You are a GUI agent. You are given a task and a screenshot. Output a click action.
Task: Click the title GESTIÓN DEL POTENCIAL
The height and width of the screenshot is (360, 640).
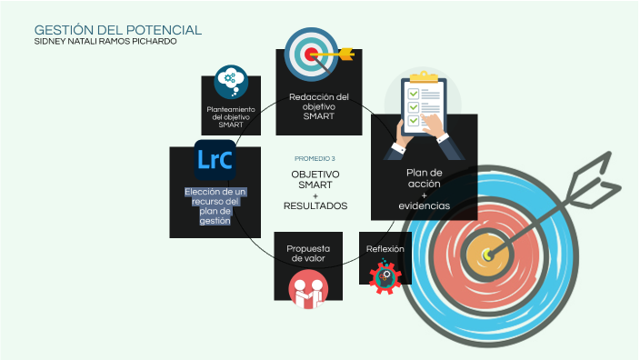pyautogui.click(x=117, y=30)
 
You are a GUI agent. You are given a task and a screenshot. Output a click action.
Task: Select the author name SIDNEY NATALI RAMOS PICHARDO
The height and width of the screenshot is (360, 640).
pyautogui.click(x=105, y=42)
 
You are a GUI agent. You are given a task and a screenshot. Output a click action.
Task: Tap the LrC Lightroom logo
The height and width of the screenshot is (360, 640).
pyautogui.click(x=215, y=159)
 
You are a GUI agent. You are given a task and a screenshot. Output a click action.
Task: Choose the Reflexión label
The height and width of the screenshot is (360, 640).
pyautogui.click(x=385, y=248)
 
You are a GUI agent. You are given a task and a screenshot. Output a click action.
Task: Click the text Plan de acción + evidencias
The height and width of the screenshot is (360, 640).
pyautogui.click(x=424, y=189)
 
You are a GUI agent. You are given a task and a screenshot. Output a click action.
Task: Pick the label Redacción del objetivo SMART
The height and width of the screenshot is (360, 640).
pyautogui.click(x=318, y=106)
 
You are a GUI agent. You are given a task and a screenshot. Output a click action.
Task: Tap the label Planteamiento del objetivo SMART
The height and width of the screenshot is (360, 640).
pyautogui.click(x=231, y=116)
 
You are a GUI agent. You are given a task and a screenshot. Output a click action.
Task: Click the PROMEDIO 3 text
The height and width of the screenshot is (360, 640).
pyautogui.click(x=315, y=158)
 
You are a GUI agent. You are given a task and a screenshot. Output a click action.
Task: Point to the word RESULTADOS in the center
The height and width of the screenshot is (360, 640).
pyautogui.click(x=315, y=205)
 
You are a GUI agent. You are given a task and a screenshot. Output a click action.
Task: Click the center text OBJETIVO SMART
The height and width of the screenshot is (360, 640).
pyautogui.click(x=315, y=179)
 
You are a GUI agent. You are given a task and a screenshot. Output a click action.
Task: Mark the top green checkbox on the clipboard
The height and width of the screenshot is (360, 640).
pyautogui.click(x=413, y=94)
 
